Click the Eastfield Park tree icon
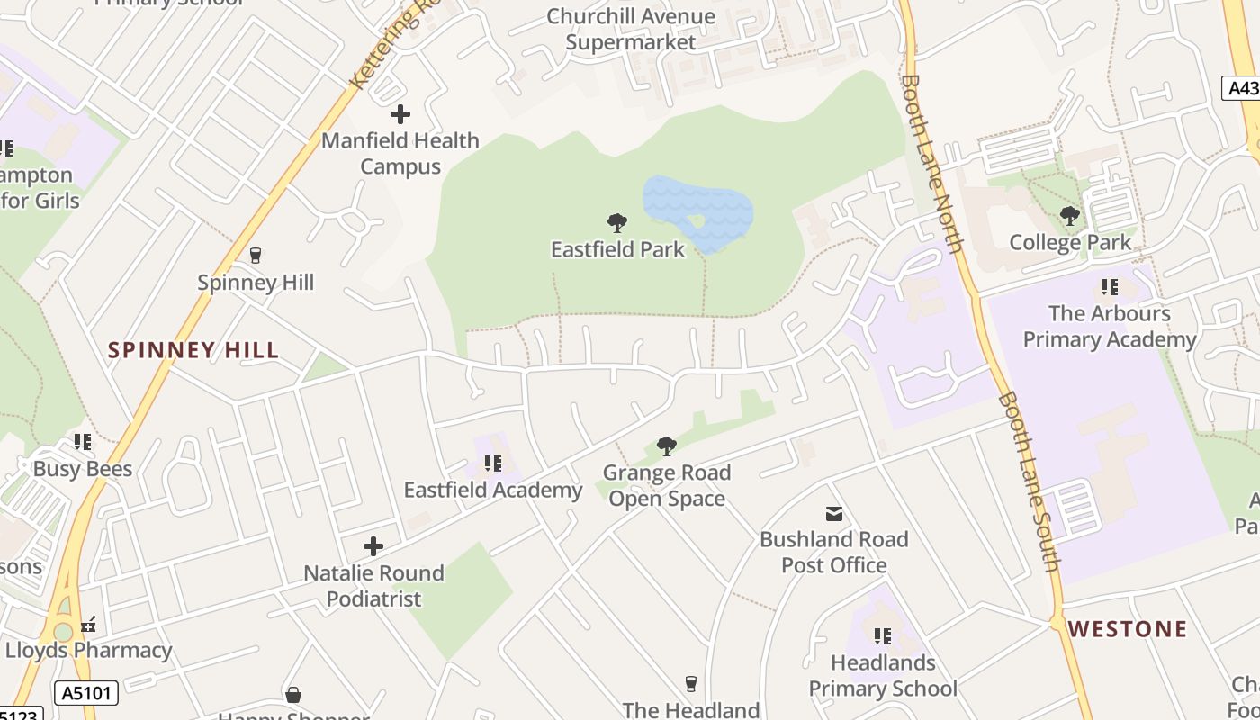[616, 222]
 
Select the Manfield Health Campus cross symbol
[400, 114]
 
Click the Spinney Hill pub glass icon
[256, 256]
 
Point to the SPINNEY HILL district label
[193, 350]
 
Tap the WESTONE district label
[1129, 629]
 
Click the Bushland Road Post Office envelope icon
[834, 514]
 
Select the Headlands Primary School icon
[882, 636]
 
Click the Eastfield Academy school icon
[492, 463]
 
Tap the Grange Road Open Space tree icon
[667, 445]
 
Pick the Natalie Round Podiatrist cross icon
[373, 546]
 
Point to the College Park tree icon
[1070, 216]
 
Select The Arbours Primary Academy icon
[1109, 287]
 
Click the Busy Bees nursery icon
[83, 442]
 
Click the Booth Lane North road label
[931, 162]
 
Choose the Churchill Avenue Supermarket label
[631, 29]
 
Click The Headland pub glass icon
[691, 684]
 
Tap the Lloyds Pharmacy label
[88, 650]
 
